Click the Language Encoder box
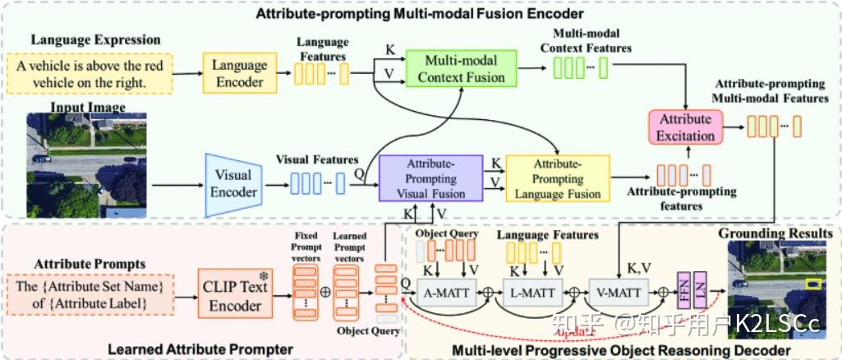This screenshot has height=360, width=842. coord(240,73)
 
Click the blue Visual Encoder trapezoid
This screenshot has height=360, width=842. coord(233,183)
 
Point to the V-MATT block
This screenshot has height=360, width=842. coord(617,292)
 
